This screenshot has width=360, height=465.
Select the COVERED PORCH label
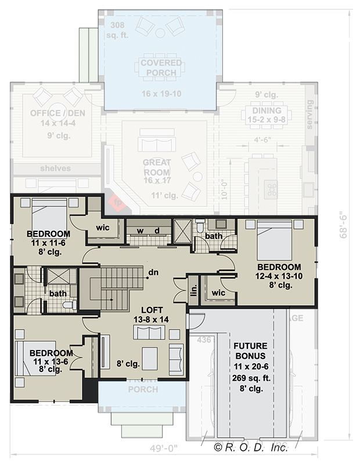pos(160,67)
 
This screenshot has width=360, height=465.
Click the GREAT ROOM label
pos(156,168)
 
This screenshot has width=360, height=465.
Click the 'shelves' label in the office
pos(56,169)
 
